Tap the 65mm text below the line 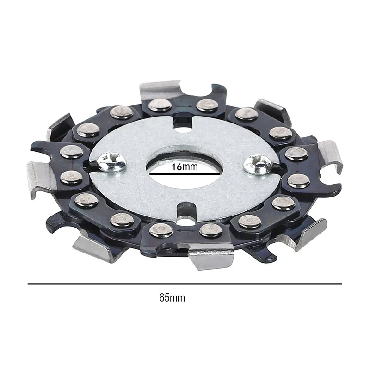pos(172,298)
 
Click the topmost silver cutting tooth pos(160,88)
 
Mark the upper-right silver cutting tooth pos(272,109)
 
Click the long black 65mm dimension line pos(185,284)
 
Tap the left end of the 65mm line pos(29,284)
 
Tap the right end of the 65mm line pos(341,284)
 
